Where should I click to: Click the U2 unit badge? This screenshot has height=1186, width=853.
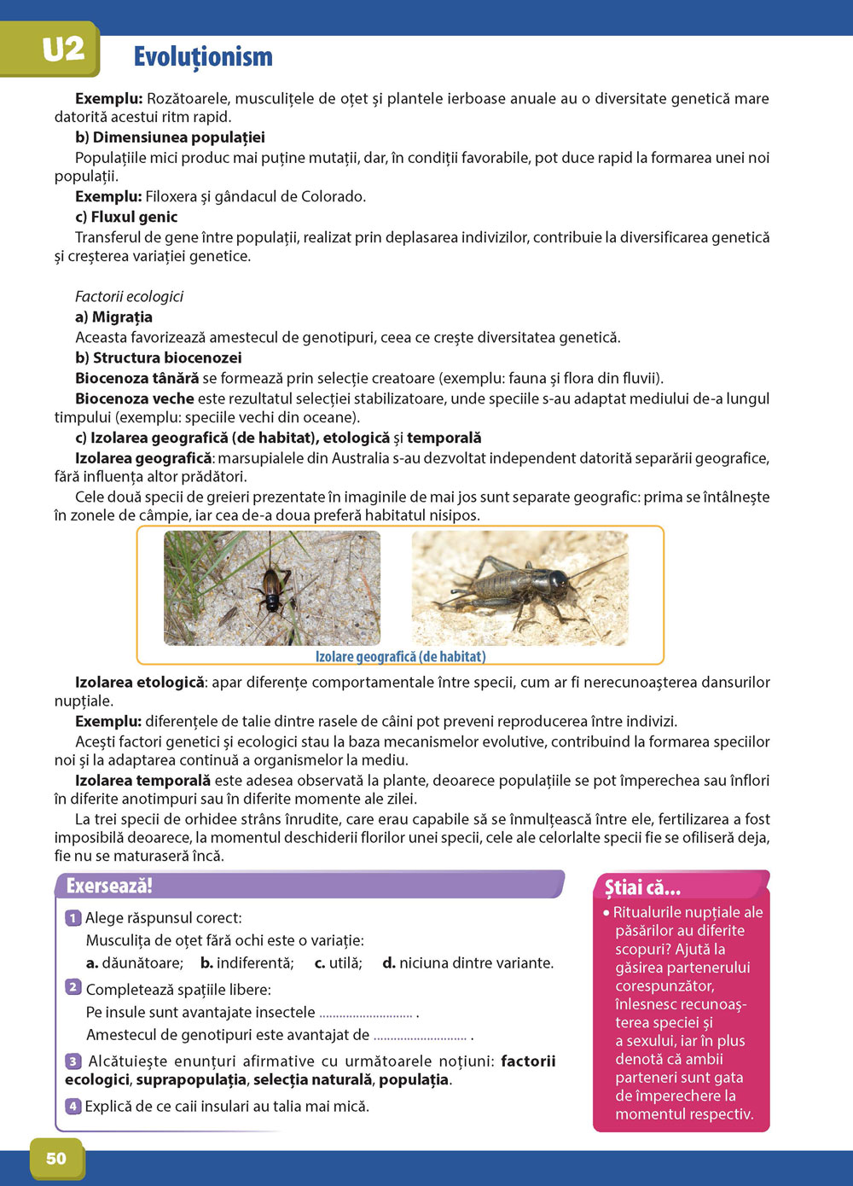[x=62, y=49]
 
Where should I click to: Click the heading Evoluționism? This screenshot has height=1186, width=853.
[x=203, y=56]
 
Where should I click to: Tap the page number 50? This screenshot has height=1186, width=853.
[x=56, y=1158]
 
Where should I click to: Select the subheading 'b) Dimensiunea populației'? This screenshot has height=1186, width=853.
[x=170, y=137]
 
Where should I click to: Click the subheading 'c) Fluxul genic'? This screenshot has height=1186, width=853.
[x=126, y=217]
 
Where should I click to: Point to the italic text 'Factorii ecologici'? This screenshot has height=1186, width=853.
[x=129, y=296]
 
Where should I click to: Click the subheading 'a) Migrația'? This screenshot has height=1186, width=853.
[x=113, y=317]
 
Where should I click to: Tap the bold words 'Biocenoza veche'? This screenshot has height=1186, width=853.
[x=135, y=398]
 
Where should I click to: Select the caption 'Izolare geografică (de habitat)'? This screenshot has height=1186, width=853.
[x=400, y=656]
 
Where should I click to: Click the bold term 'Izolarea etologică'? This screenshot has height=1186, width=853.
[x=140, y=682]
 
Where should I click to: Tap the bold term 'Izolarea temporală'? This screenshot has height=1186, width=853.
[x=142, y=780]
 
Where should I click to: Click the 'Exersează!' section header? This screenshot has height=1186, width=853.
[x=109, y=886]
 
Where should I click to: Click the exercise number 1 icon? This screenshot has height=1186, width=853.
[x=73, y=918]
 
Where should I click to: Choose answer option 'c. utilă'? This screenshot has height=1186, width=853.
[x=338, y=962]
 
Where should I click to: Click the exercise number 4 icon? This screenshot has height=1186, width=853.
[x=73, y=1107]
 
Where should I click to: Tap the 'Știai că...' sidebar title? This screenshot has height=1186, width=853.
[x=642, y=887]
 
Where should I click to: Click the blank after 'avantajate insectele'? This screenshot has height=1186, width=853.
[x=366, y=1013]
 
